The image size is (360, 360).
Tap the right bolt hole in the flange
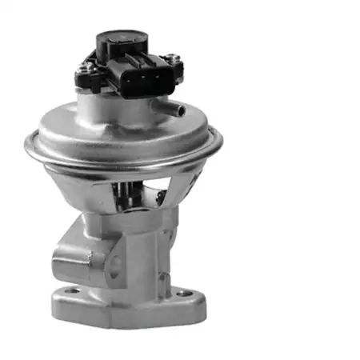(x=185, y=294)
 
